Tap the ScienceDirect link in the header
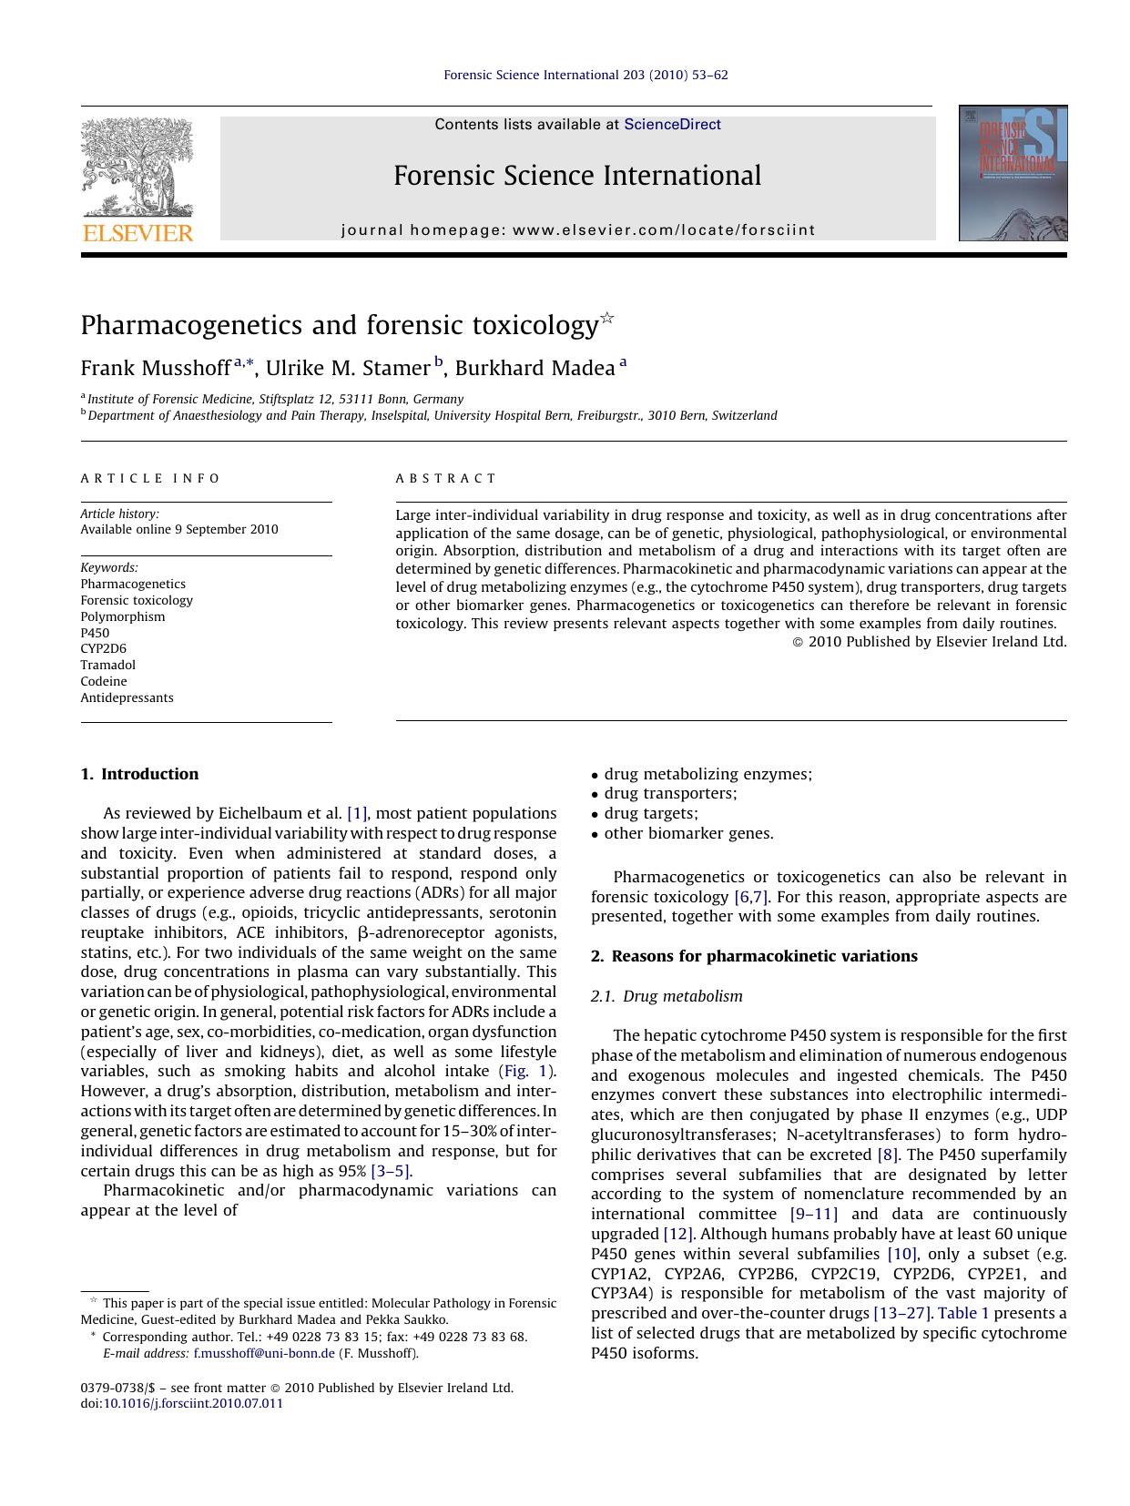pyautogui.click(x=672, y=125)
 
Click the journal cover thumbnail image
pyautogui.click(x=1013, y=173)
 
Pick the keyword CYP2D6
pyautogui.click(x=103, y=649)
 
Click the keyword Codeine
pyautogui.click(x=104, y=682)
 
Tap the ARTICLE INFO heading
pyautogui.click(x=150, y=479)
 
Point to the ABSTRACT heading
pyautogui.click(x=446, y=479)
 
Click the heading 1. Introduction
pyautogui.click(x=139, y=775)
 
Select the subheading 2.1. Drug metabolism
pyautogui.click(x=667, y=996)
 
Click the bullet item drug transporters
pyautogui.click(x=670, y=794)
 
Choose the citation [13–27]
pyautogui.click(x=902, y=1313)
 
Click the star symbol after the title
pyautogui.click(x=607, y=318)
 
